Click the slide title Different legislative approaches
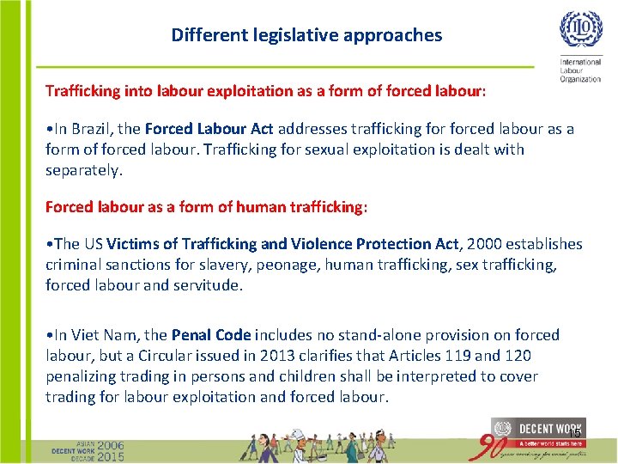[x=306, y=35]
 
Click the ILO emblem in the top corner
[x=580, y=28]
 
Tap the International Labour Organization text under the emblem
[x=580, y=70]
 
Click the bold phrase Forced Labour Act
[x=209, y=129]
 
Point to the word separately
[x=83, y=170]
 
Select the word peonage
[x=288, y=265]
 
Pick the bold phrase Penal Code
[x=211, y=335]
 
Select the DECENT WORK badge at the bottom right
[x=537, y=429]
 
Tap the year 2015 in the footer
[x=110, y=457]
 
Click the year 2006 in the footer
[x=110, y=445]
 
